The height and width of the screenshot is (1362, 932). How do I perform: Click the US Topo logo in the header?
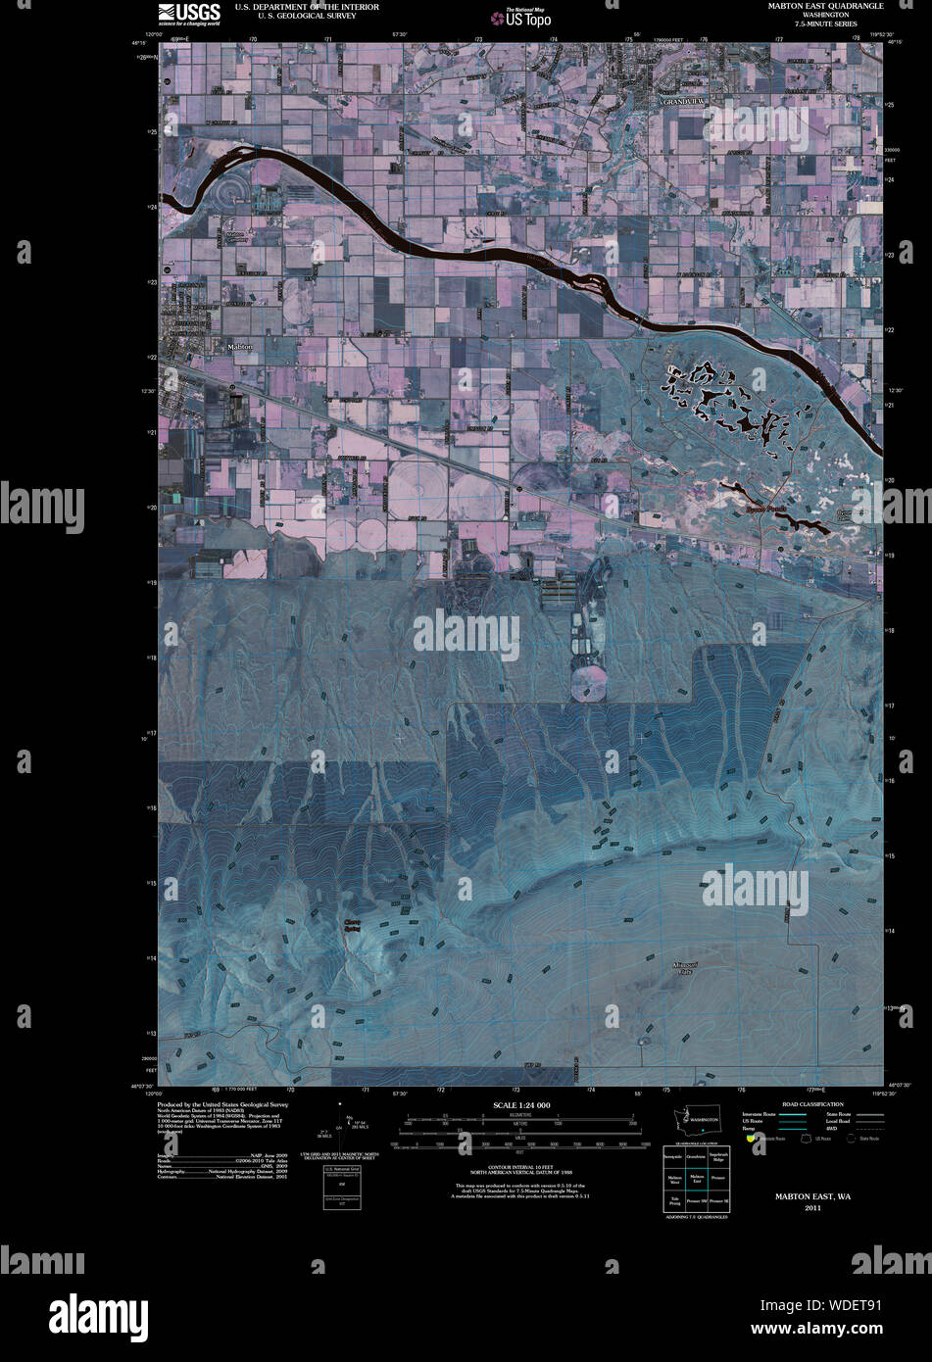(x=521, y=18)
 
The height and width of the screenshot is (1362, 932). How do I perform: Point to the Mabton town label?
(x=239, y=347)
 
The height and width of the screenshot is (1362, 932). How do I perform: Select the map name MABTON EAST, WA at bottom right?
(x=812, y=1196)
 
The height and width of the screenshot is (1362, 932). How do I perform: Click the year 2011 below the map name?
(x=812, y=1208)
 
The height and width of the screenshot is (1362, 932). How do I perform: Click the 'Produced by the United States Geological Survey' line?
(x=222, y=1103)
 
